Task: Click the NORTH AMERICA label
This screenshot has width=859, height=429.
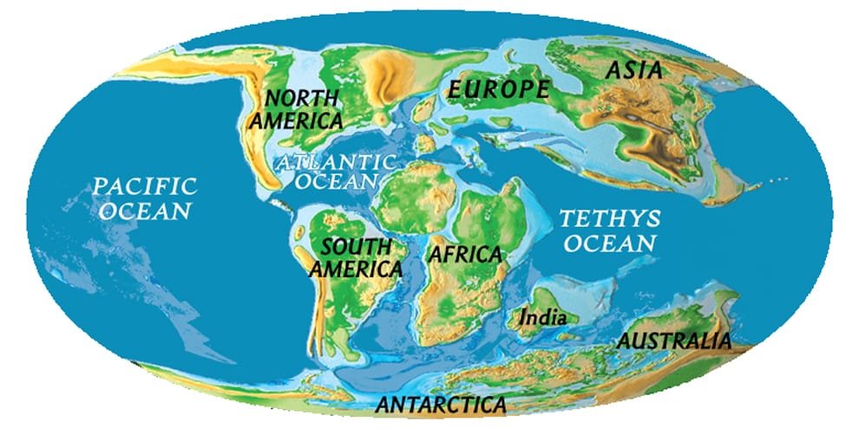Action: pyautogui.click(x=297, y=108)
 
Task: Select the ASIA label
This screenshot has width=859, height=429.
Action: pyautogui.click(x=633, y=70)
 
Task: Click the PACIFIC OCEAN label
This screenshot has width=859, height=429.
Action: pyautogui.click(x=144, y=198)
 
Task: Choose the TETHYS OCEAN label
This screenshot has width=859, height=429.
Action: pyautogui.click(x=608, y=230)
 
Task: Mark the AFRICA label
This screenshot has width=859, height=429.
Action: pyautogui.click(x=464, y=255)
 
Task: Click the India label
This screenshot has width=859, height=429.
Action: pyautogui.click(x=542, y=318)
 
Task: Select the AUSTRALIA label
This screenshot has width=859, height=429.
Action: pyautogui.click(x=673, y=341)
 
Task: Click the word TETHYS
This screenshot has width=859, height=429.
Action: pyautogui.click(x=609, y=217)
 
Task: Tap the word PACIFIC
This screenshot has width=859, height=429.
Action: pyautogui.click(x=145, y=185)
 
